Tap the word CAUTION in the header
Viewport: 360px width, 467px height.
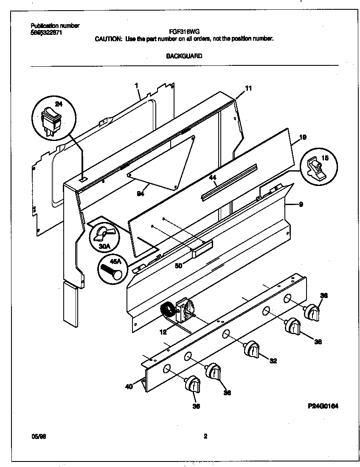click(x=107, y=38)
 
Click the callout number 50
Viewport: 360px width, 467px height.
click(x=178, y=266)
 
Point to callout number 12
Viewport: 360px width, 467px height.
click(x=163, y=332)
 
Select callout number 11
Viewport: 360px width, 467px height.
click(x=249, y=88)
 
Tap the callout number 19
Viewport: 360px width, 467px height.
click(x=303, y=137)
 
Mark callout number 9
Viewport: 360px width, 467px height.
click(x=301, y=205)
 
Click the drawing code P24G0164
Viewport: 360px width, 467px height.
click(x=323, y=406)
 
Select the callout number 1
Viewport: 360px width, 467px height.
click(x=136, y=86)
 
